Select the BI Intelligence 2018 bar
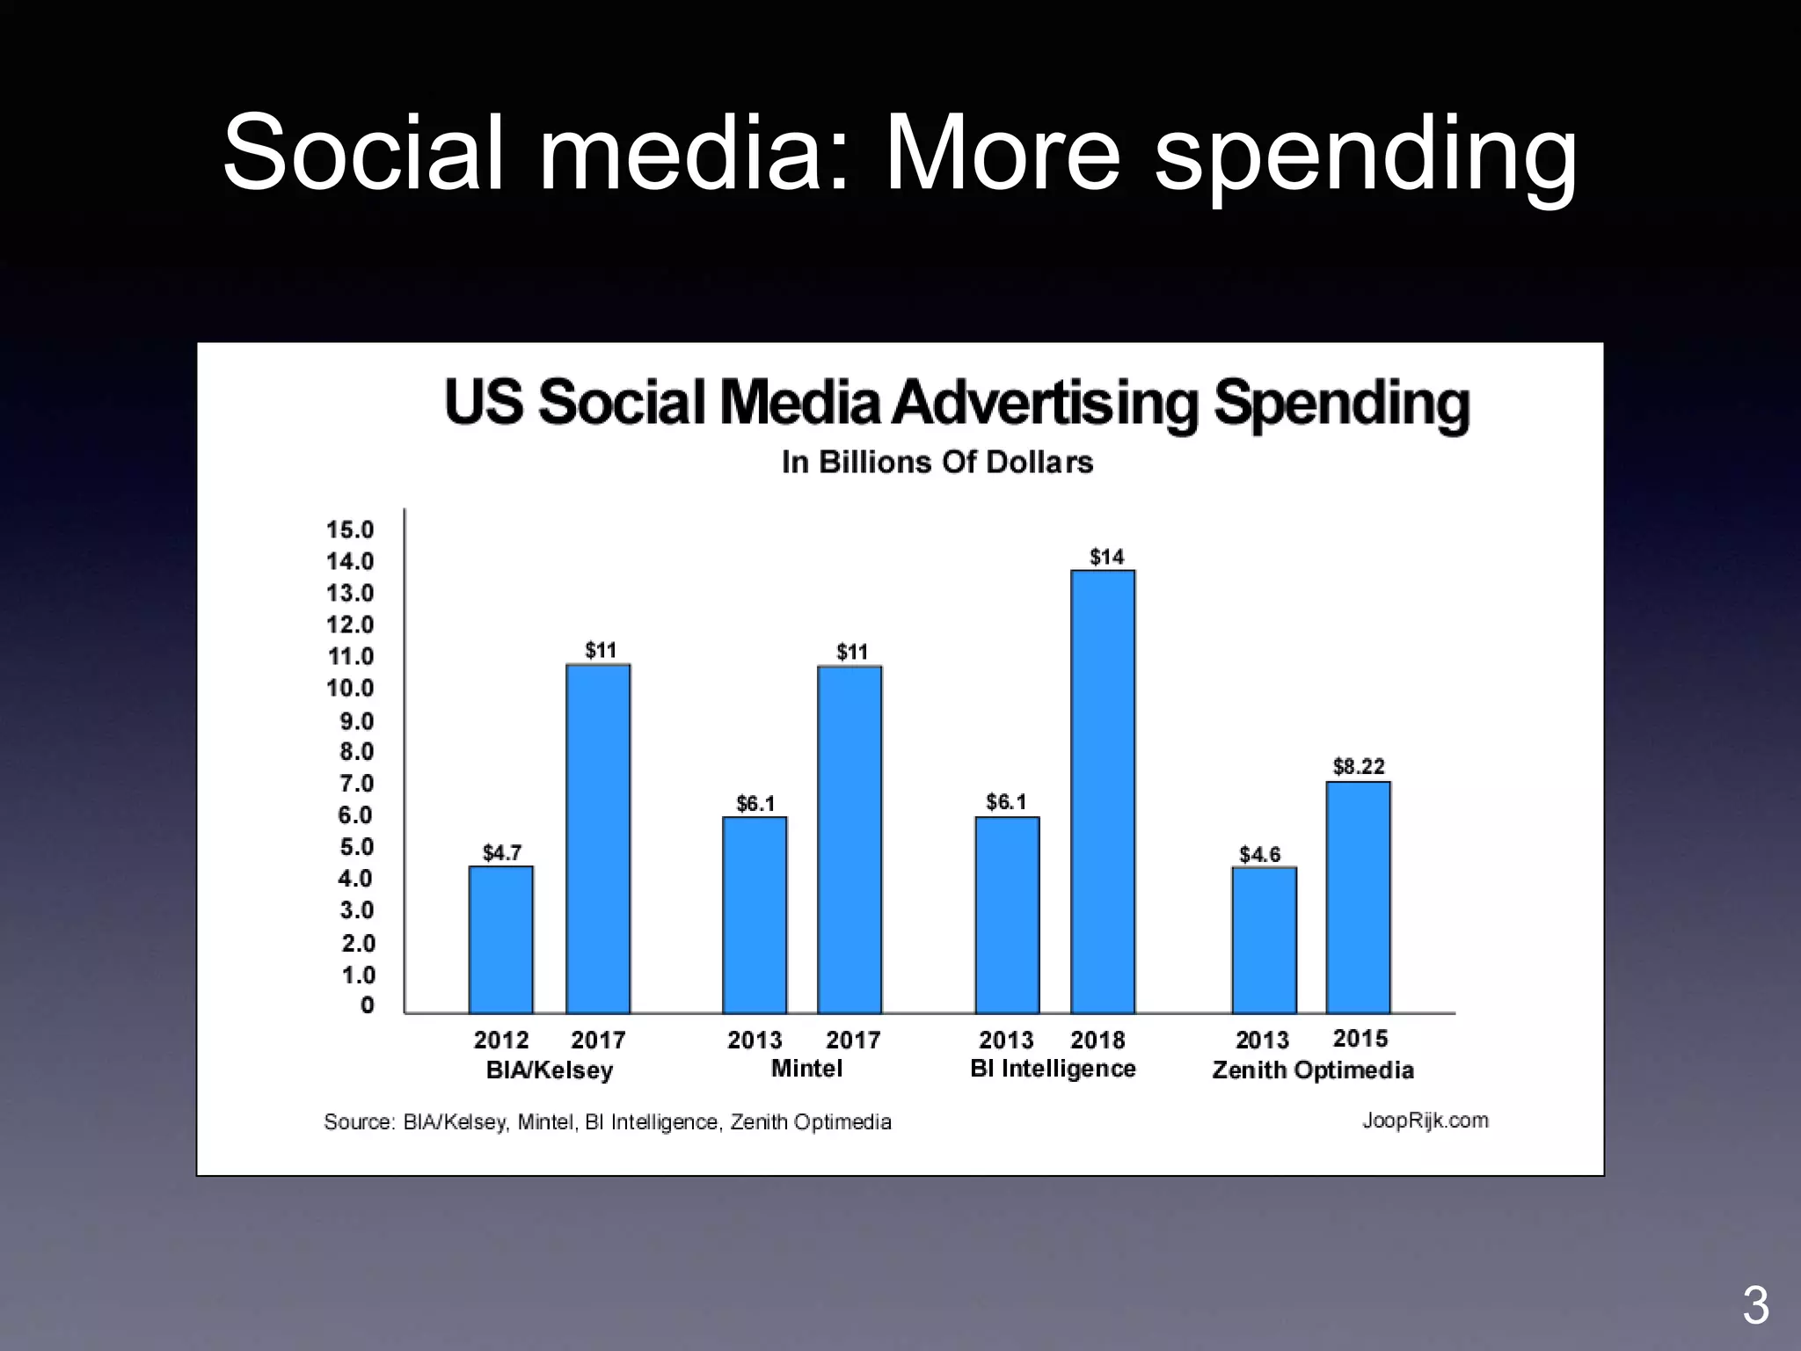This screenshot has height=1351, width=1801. tap(1103, 792)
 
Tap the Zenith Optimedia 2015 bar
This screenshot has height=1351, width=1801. tap(1358, 897)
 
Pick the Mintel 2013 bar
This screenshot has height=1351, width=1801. tap(755, 915)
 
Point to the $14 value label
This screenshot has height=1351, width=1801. tap(1106, 557)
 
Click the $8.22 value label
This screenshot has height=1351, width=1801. tap(1359, 766)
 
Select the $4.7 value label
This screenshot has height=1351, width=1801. tap(502, 852)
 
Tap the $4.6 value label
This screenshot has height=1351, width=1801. tap(1259, 854)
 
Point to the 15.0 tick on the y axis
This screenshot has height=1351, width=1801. tap(350, 529)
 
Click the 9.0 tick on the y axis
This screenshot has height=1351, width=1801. tap(356, 721)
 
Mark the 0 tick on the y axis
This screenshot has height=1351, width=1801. tap(368, 1004)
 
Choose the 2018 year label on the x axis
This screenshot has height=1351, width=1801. tap(1097, 1040)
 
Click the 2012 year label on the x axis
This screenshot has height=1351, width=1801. tap(501, 1040)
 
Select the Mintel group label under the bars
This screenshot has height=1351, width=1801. tap(806, 1069)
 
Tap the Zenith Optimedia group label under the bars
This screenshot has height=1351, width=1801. tap(1313, 1070)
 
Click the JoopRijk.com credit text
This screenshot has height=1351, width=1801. tap(1425, 1121)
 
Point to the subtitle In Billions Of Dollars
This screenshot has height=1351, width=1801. tap(937, 462)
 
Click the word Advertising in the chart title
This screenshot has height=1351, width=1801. tap(1046, 403)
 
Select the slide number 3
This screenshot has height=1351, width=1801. tap(1755, 1305)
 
